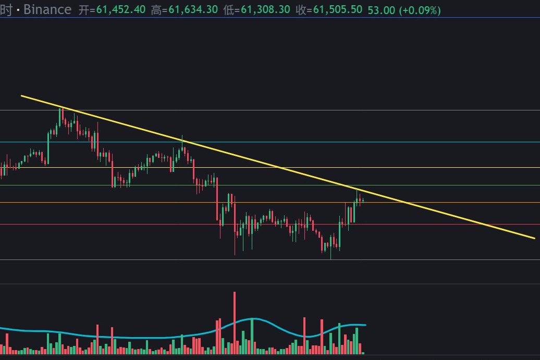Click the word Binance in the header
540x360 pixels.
point(47,9)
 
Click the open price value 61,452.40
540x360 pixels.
point(121,9)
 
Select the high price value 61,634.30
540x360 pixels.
point(193,9)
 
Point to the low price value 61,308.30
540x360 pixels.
point(265,9)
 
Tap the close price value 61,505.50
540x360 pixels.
point(338,9)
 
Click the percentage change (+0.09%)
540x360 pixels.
point(420,10)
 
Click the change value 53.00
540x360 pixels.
point(381,10)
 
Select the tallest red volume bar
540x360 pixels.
point(235,323)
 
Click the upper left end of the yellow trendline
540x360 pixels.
point(22,96)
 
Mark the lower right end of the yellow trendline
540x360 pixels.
point(534,238)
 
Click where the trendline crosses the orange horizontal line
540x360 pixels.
point(407,202)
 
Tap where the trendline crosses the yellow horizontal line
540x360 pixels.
point(280,168)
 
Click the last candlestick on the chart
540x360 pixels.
point(363,200)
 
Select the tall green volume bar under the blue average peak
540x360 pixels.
point(252,336)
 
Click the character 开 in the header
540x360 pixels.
point(84,9)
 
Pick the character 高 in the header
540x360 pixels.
point(156,9)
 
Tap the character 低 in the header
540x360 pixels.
point(229,9)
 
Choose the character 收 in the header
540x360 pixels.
point(301,9)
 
